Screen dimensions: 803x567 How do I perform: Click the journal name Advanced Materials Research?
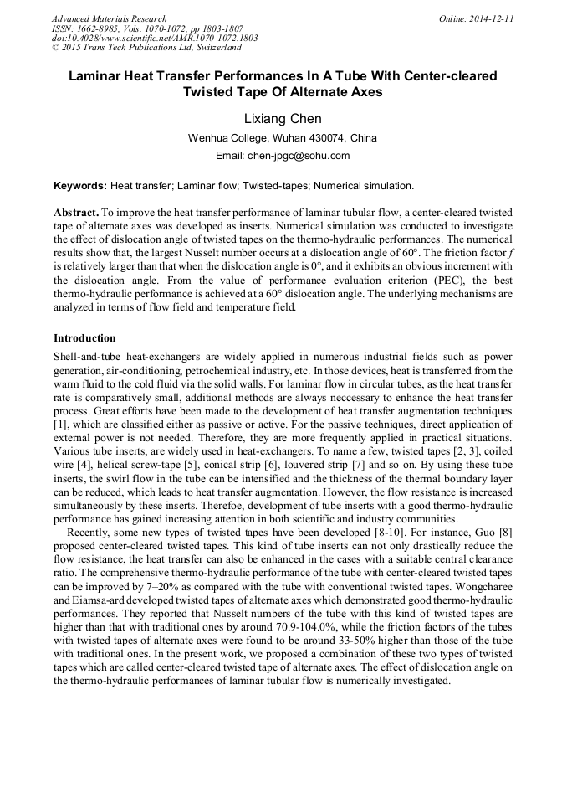coord(109,18)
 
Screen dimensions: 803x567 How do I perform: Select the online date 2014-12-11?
coord(491,18)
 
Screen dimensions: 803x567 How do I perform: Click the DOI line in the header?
coord(155,38)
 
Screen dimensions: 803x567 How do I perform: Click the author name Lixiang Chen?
coord(283,119)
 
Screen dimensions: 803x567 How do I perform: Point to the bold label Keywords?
coord(80,185)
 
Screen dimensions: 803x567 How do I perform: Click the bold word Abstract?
coord(76,214)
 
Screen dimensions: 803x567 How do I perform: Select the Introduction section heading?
coord(84,338)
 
